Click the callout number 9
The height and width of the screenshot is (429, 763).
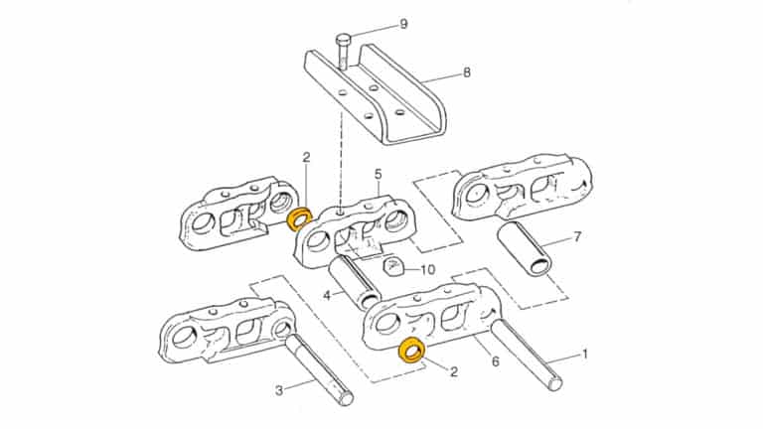click(x=403, y=23)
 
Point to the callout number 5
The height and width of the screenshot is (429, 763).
click(x=378, y=174)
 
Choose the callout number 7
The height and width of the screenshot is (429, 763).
click(x=576, y=239)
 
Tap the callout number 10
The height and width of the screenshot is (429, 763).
click(x=428, y=269)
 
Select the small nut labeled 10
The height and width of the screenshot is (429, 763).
click(x=391, y=266)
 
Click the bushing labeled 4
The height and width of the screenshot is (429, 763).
click(x=354, y=281)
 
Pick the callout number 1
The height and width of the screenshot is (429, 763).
click(x=584, y=353)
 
